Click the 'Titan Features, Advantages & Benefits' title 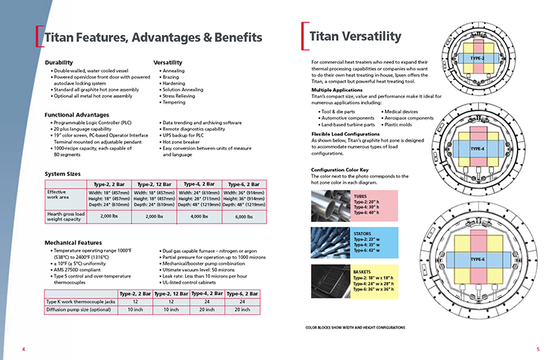tap(152, 37)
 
